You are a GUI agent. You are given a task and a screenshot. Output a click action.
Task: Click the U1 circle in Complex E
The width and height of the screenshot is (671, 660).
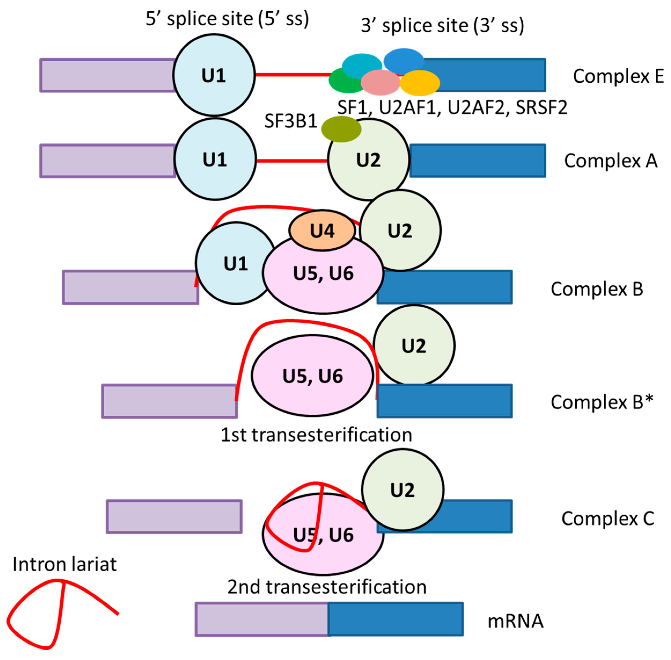[214, 75]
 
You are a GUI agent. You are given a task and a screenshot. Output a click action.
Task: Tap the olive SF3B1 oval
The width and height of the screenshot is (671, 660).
[341, 129]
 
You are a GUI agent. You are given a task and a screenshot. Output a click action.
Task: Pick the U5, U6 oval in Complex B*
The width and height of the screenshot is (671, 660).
[312, 376]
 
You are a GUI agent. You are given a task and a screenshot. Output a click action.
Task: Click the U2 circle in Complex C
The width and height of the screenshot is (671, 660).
[402, 490]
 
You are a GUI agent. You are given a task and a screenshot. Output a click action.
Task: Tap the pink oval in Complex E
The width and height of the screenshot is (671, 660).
[380, 82]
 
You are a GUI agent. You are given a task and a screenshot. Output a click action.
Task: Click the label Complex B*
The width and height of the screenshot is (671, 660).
[602, 402]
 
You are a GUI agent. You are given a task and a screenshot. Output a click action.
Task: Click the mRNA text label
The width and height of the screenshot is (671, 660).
[515, 621]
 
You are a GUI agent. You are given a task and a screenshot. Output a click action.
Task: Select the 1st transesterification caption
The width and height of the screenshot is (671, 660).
[316, 435]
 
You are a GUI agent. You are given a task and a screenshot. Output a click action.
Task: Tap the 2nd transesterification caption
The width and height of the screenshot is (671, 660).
[327, 587]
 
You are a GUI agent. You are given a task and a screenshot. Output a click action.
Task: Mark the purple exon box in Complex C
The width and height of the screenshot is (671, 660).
[174, 516]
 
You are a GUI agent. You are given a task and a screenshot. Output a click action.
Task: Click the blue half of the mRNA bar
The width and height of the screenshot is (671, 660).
[395, 619]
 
